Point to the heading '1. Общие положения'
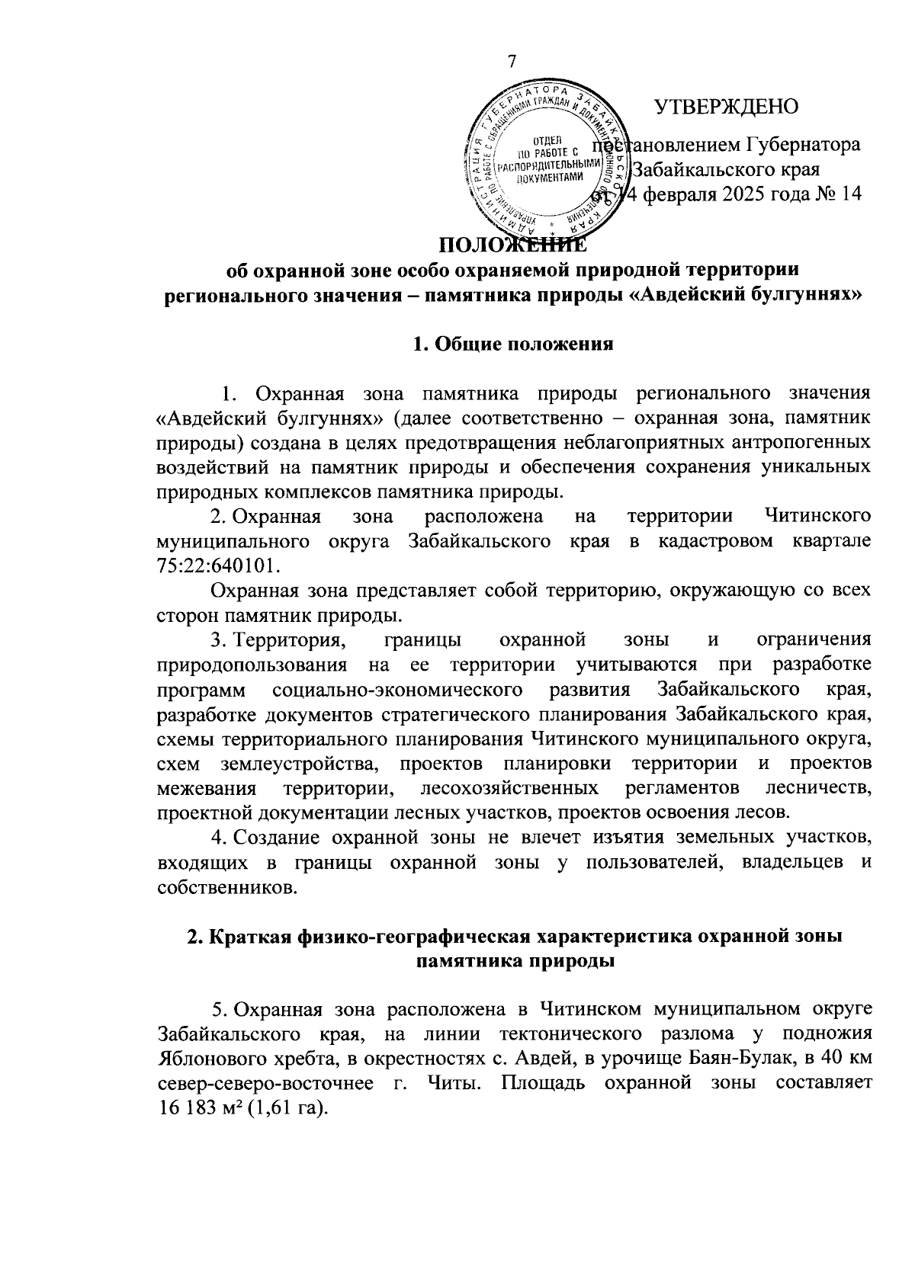(512, 344)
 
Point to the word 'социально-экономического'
(396, 691)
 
